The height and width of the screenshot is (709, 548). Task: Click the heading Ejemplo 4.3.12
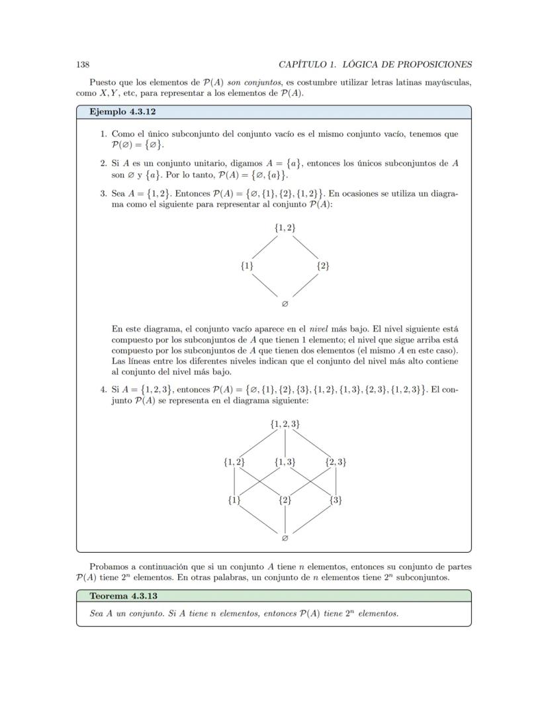click(122, 112)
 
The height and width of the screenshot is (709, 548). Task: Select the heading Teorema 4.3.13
click(123, 596)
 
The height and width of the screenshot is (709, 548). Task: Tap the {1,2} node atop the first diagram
click(285, 228)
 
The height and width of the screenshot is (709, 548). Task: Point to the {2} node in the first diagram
click(322, 266)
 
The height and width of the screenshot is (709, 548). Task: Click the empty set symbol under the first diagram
click(285, 305)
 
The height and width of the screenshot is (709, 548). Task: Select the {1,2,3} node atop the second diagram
click(285, 424)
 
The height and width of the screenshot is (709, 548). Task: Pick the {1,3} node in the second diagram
click(285, 462)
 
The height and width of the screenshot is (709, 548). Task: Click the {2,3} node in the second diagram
click(336, 462)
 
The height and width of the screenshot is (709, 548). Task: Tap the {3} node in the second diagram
click(336, 500)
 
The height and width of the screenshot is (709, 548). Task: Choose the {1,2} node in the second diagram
click(234, 462)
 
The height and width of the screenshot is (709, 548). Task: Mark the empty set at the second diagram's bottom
click(285, 538)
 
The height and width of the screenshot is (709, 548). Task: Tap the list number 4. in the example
click(104, 389)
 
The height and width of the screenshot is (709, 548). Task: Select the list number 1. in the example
click(104, 134)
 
